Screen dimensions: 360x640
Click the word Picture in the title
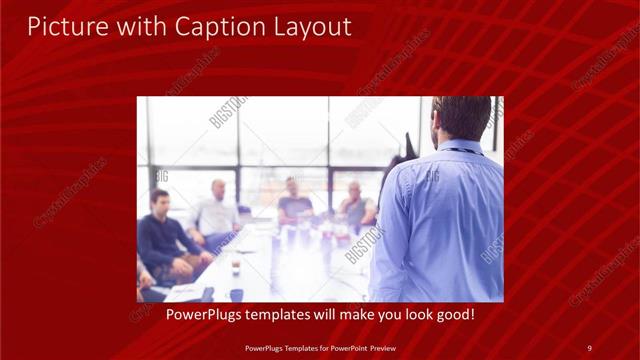(x=64, y=27)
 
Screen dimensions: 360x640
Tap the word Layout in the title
(x=309, y=27)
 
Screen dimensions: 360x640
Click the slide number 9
(x=589, y=348)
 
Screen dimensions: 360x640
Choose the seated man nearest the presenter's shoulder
(x=355, y=207)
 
